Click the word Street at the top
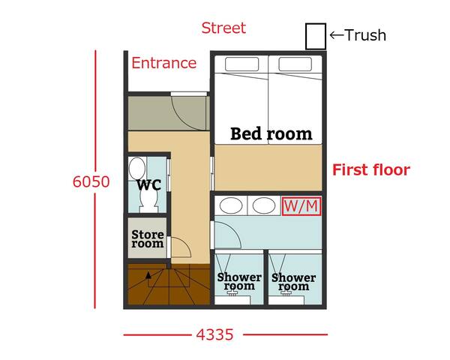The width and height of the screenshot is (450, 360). (x=223, y=28)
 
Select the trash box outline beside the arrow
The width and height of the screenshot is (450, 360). (x=316, y=37)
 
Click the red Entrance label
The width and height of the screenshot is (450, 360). (x=163, y=63)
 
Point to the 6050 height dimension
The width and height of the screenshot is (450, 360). (x=91, y=181)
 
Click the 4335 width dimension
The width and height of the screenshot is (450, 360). (x=215, y=334)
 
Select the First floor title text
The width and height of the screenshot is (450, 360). (x=371, y=169)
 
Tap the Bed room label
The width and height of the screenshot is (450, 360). (x=271, y=133)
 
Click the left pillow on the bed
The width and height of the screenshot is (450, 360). (x=241, y=64)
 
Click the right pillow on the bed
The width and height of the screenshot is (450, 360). (x=295, y=64)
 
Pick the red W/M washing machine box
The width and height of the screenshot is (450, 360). (x=301, y=206)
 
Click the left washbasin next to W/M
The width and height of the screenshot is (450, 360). (x=231, y=205)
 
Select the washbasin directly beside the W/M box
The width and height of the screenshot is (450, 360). (x=264, y=205)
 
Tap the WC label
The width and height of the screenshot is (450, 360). (x=148, y=185)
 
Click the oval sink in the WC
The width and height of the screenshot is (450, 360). (x=137, y=169)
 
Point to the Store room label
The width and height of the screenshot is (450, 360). (x=148, y=238)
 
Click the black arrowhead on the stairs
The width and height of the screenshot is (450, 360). (x=148, y=275)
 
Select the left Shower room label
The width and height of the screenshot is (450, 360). (x=239, y=281)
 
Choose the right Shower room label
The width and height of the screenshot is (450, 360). (x=293, y=282)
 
